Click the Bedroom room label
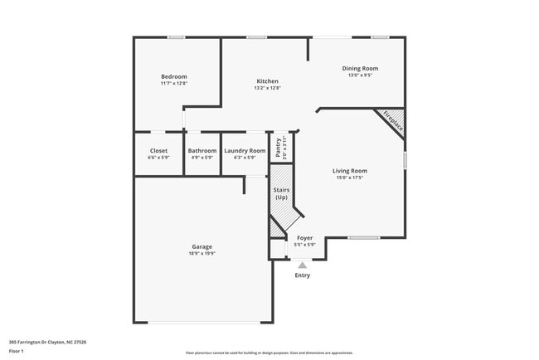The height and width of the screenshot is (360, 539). point(174,76)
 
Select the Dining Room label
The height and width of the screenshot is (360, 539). point(360,68)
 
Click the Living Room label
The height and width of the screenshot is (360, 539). point(351,171)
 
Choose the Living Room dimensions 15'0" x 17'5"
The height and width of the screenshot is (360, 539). point(351,178)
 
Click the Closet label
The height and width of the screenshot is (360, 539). point(158,151)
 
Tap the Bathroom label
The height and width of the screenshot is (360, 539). point(202,151)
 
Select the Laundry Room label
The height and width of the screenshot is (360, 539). point(245,151)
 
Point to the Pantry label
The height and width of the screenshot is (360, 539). point(279,146)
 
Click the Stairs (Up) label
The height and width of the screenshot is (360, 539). point(281,193)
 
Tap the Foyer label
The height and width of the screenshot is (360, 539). point(305,238)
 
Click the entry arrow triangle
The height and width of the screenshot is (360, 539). point(303,265)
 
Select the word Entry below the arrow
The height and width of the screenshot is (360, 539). point(303,275)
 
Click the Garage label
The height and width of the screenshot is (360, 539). point(202,246)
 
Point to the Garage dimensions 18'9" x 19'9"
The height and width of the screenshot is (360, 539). point(202,253)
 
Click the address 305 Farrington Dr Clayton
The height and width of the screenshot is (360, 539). point(47,342)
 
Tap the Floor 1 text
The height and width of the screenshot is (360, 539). point(17,351)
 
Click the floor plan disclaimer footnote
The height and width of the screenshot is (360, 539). point(269,353)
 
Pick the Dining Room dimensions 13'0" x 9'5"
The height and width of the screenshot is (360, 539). point(360,75)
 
